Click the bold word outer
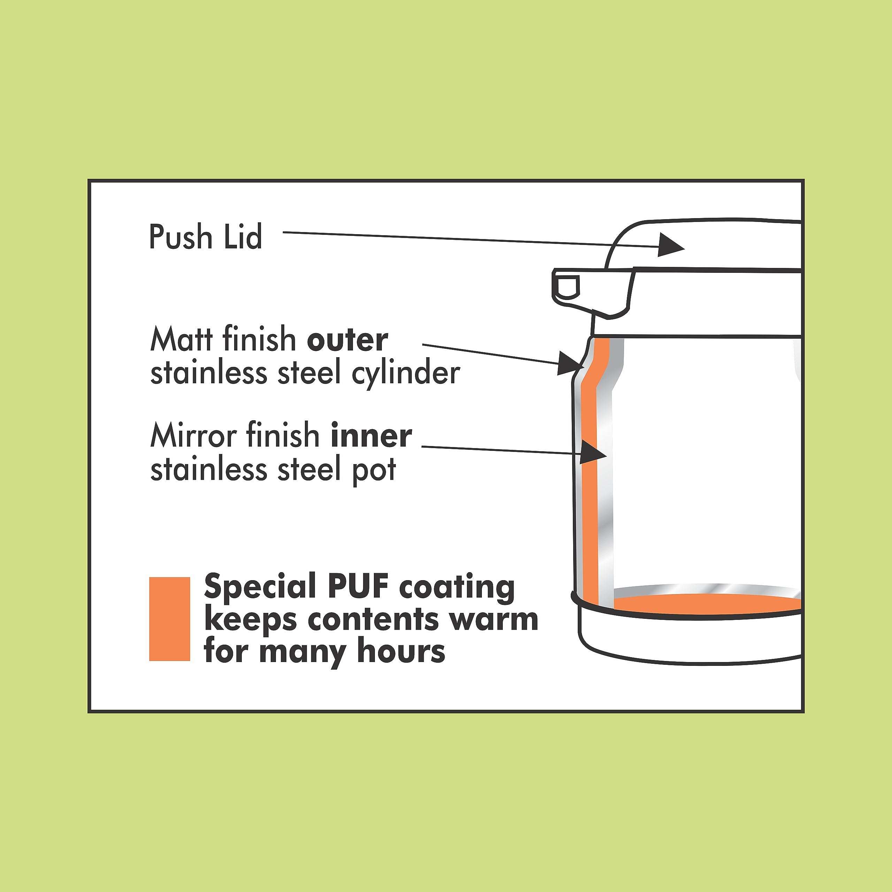click(x=347, y=340)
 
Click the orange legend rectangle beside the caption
click(x=169, y=619)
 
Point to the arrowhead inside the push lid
click(x=669, y=244)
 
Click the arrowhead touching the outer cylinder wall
click(x=570, y=362)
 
